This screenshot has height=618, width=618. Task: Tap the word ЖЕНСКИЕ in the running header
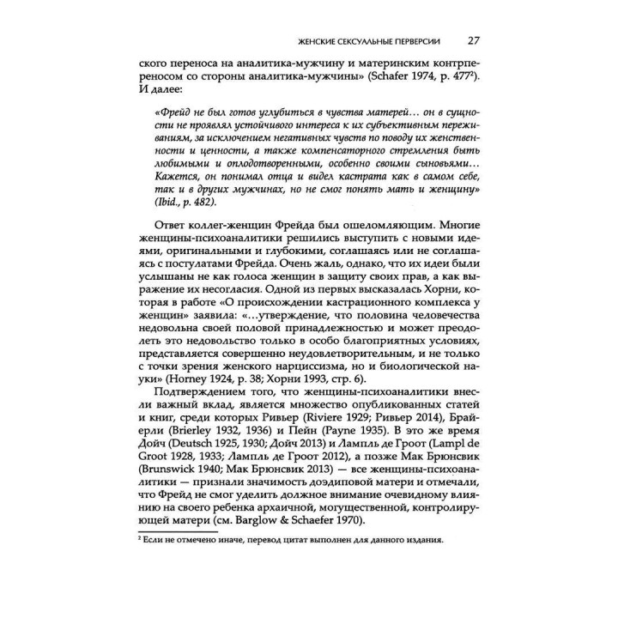click(314, 40)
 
